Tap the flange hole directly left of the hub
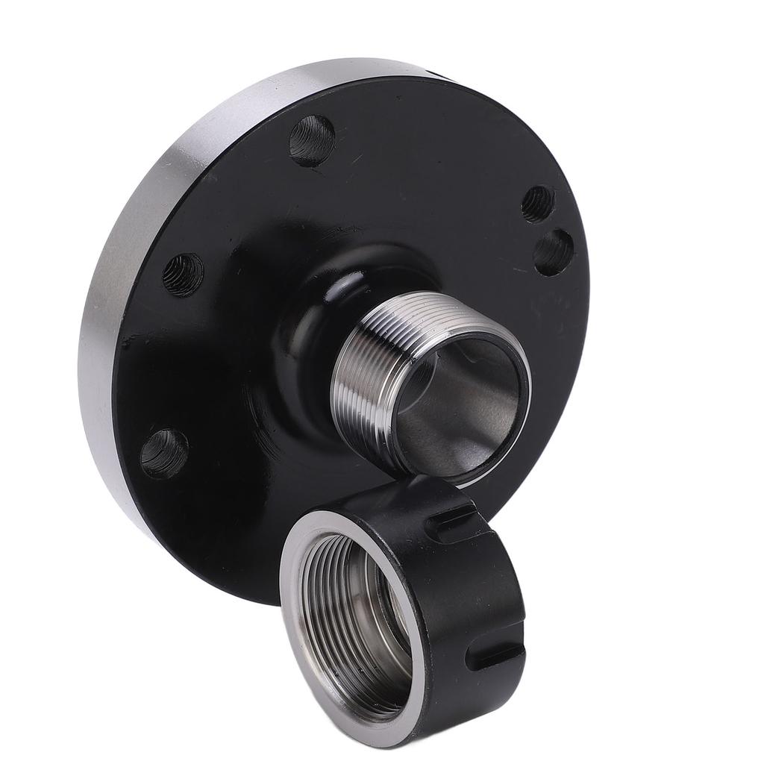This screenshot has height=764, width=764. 183,275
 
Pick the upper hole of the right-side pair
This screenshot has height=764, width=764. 537,203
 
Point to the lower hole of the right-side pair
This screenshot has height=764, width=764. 554,252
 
